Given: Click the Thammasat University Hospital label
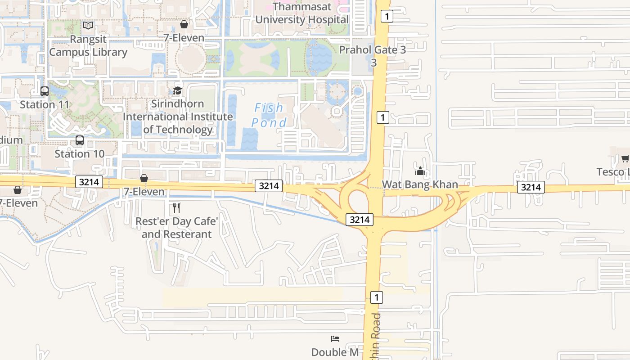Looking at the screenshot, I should [301, 13].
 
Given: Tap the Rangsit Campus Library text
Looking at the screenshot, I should [88, 45].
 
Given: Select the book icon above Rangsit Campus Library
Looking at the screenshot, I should [88, 26].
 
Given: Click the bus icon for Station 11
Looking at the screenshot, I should [45, 91].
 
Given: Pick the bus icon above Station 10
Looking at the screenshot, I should [80, 140].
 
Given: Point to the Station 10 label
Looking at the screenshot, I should [80, 153].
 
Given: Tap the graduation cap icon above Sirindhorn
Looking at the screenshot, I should [178, 90].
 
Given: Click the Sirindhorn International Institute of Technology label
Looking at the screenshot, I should [178, 117].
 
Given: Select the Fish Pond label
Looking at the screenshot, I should [269, 115].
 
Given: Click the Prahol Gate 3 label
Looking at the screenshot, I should [373, 50].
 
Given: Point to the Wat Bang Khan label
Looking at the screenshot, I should [420, 184].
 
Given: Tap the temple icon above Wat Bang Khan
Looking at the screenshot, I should [420, 171].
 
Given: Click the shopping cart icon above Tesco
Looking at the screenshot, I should [625, 158].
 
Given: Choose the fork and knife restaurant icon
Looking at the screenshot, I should [176, 208].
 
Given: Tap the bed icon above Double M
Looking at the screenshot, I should [335, 339].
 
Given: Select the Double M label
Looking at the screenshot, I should [335, 352].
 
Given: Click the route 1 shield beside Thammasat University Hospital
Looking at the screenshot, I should [387, 17].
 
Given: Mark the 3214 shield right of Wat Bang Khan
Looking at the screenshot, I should [531, 187].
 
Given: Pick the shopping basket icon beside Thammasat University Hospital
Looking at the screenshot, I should [184, 24].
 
